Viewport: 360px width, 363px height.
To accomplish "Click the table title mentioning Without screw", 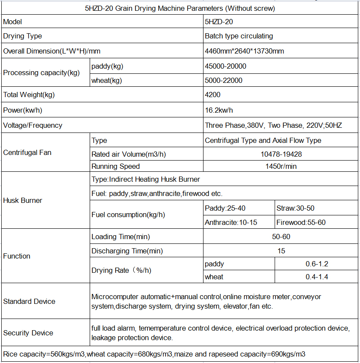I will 180,8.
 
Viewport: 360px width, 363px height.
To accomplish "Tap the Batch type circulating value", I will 239,36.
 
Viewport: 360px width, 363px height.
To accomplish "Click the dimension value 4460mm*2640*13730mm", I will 244,51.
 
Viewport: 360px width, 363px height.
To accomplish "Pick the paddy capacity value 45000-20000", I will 225,66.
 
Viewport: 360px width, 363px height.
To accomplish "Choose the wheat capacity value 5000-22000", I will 224,80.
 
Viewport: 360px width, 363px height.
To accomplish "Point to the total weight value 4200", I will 213,95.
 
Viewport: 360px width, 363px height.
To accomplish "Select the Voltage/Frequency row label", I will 33,125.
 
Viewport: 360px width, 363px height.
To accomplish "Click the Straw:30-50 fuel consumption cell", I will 295,208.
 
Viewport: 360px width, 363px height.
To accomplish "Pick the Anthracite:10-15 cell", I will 225,222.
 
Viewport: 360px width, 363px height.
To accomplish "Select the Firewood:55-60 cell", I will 301,222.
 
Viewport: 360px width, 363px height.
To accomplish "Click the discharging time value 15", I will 282,251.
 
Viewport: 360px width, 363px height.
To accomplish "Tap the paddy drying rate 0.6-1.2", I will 317,264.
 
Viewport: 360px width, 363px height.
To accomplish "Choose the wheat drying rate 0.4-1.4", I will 317,277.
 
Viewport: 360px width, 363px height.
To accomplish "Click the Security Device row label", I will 28,333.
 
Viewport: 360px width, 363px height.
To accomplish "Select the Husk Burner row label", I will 22,200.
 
